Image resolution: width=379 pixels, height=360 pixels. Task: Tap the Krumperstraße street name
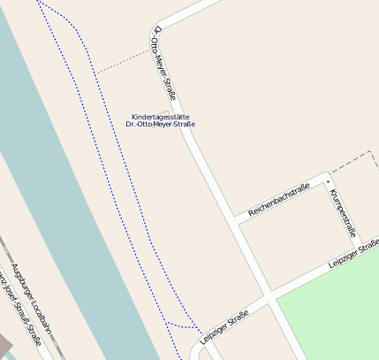[342, 213]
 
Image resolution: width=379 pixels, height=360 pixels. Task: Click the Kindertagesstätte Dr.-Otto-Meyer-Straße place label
[161, 120]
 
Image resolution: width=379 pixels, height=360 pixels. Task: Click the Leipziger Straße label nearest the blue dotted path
[224, 326]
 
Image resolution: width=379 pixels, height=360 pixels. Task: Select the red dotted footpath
[124, 61]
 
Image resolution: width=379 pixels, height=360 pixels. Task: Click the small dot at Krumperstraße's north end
[328, 182]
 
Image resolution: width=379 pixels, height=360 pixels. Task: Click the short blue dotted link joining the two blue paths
[181, 326]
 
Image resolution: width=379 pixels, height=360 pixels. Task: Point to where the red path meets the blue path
[95, 72]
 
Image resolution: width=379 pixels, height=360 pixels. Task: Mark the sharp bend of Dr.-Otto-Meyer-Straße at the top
[158, 24]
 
